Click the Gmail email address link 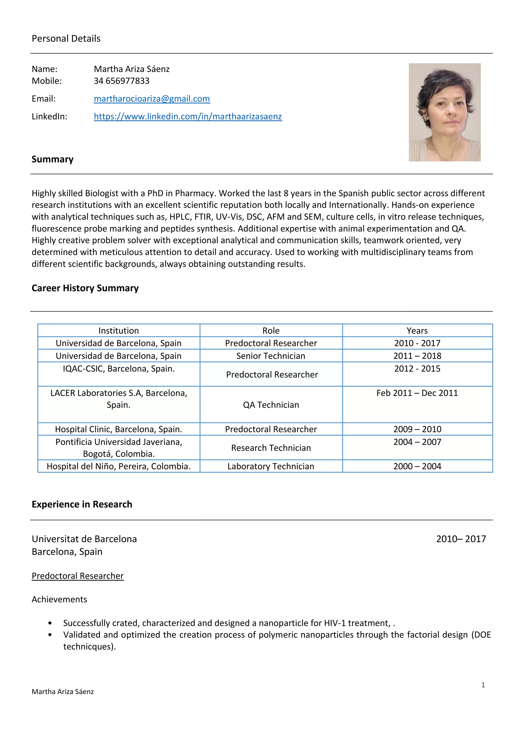pos(152,98)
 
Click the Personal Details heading pos(66,39)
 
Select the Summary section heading pos(53,159)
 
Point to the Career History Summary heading pos(85,288)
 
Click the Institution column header pos(118,330)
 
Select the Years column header pos(417,330)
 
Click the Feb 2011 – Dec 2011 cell pos(417,393)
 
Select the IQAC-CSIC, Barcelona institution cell pos(118,368)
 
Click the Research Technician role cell pos(271,448)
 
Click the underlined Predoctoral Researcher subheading pos(78,576)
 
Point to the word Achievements pos(59,599)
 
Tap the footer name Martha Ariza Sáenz pos(63,692)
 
